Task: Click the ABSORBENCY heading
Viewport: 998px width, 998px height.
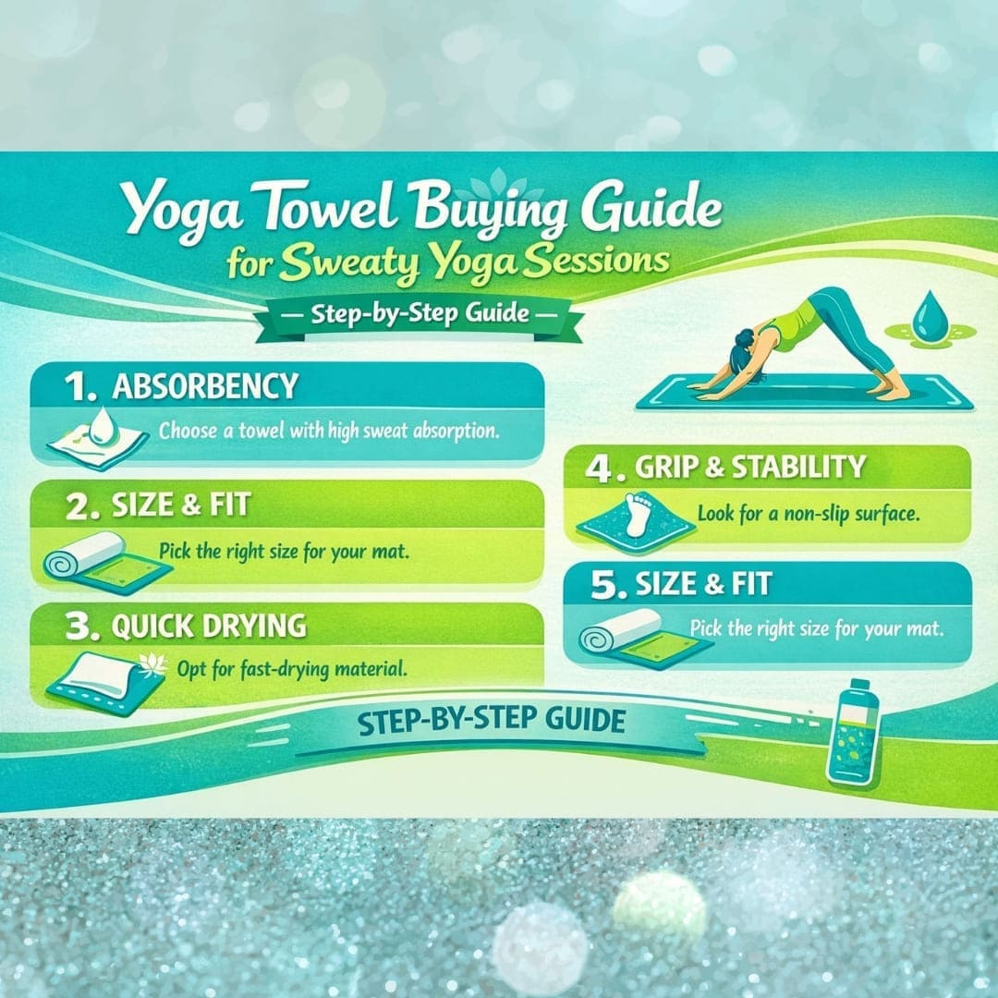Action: [x=204, y=386]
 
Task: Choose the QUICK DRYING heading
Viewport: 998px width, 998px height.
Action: [x=208, y=626]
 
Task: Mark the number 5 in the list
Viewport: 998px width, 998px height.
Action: [x=603, y=586]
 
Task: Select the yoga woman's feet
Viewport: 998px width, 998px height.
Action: [x=892, y=392]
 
